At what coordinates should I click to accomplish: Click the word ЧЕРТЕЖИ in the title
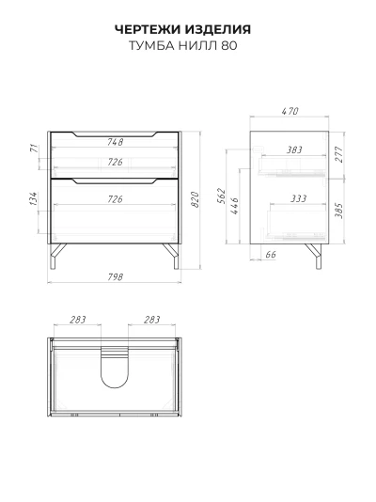[x=148, y=29]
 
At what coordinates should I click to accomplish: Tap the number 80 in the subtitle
[x=229, y=45]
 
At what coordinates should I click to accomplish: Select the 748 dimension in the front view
[x=115, y=142]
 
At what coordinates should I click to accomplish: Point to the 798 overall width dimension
[x=115, y=276]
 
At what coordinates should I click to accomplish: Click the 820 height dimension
[x=195, y=199]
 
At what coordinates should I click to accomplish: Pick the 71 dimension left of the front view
[x=34, y=149]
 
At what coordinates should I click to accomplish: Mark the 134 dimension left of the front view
[x=34, y=198]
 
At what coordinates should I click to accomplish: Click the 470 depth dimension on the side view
[x=290, y=111]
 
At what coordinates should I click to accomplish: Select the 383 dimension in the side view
[x=294, y=149]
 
